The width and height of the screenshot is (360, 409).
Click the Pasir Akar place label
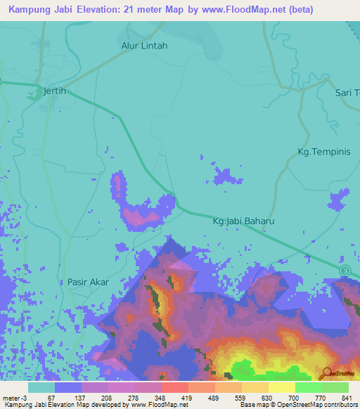pos(88,282)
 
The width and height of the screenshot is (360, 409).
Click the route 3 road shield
pos(345,271)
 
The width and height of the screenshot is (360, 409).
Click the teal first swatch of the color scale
pos(41,387)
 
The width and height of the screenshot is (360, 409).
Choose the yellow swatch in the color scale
pos(281,387)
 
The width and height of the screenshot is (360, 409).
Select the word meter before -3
pos(12,397)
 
